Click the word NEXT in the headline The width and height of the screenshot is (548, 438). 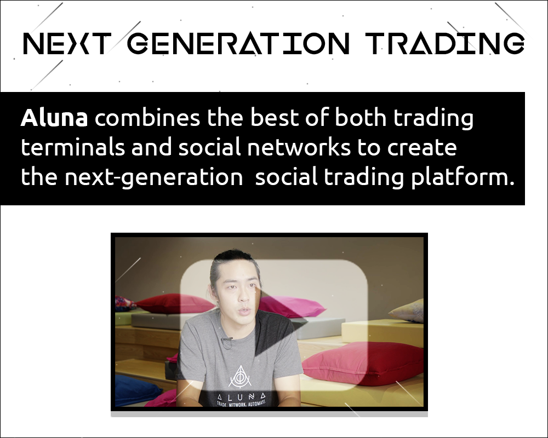65,44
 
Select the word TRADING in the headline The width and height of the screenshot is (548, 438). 444,44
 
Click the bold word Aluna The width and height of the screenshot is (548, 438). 54,118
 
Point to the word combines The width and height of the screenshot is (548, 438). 147,118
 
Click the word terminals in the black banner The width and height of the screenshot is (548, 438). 73,147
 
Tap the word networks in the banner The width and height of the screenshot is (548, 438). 299,147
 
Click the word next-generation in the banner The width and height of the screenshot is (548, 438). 154,177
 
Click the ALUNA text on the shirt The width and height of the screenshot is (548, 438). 242,397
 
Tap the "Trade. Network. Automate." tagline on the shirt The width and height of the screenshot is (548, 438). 242,404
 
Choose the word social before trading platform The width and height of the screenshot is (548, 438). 286,177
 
